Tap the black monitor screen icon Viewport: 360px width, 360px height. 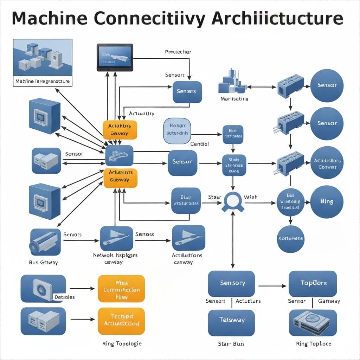115,58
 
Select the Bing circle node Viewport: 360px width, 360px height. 327,202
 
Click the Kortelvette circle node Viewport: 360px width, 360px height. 290,239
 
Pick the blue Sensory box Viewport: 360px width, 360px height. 231,283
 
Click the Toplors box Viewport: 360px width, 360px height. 313,283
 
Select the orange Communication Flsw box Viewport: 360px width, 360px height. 121,289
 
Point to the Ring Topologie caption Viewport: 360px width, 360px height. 122,343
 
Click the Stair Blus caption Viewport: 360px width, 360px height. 231,343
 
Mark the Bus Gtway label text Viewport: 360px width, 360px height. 43,262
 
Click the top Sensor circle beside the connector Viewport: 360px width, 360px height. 327,85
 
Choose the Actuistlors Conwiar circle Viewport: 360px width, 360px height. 327,163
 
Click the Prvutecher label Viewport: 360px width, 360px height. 178,52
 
